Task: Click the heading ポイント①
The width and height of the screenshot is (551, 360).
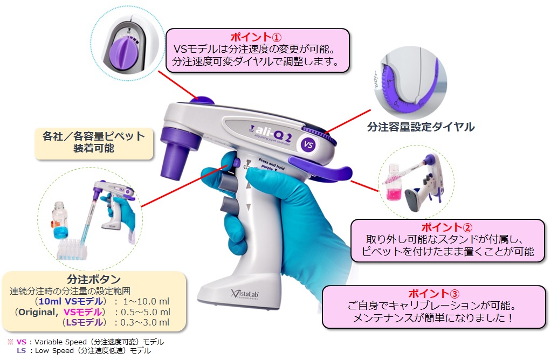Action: tap(256, 37)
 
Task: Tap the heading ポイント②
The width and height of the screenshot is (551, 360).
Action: tap(441, 227)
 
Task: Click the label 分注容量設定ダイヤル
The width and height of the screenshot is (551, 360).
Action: tap(421, 127)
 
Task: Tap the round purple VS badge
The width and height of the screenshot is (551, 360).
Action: tap(308, 144)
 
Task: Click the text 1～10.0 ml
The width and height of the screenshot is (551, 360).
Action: tap(143, 301)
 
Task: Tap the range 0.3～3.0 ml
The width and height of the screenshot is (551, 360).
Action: tap(142, 323)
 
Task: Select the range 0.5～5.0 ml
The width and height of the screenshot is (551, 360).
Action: tap(142, 312)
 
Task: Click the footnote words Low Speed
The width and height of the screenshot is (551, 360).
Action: tap(51, 351)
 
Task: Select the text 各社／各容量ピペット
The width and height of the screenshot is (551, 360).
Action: tap(94, 136)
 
